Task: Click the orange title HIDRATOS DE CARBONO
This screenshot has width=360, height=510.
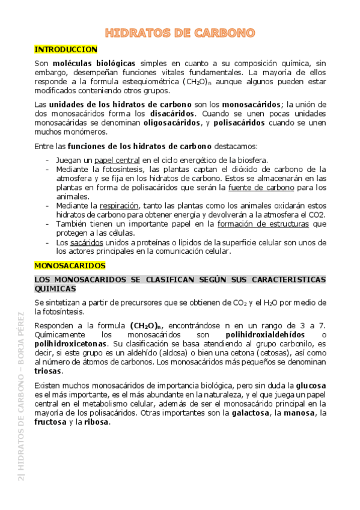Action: click(x=180, y=32)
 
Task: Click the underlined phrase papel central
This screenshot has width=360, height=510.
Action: click(x=117, y=160)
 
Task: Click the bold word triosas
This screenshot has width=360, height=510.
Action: click(x=49, y=372)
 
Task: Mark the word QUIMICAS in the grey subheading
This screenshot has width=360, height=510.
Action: click(x=56, y=288)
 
